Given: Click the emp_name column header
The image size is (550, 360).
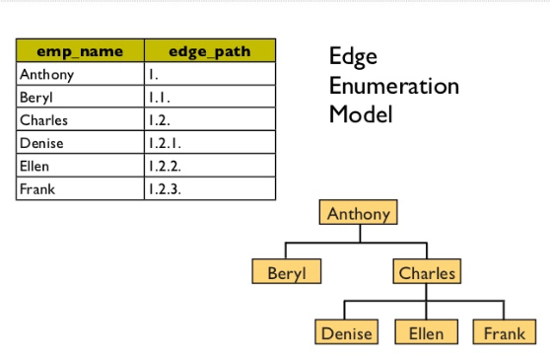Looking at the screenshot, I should tap(79, 51).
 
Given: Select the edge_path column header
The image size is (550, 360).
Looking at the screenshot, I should tap(209, 51).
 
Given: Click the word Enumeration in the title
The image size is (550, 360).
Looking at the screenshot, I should tap(393, 86).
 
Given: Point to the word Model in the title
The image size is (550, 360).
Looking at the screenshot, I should tap(361, 113).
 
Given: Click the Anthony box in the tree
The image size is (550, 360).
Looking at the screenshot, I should tap(359, 213).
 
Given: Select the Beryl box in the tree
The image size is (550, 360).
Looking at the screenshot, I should tap(287, 272).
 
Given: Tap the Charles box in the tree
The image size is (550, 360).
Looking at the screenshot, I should tap(427, 272).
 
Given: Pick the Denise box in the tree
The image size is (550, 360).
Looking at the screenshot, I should tap(347, 332).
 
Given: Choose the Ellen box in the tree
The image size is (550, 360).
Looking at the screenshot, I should tap(426, 332).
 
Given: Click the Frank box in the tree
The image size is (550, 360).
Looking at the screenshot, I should tap(504, 332).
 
